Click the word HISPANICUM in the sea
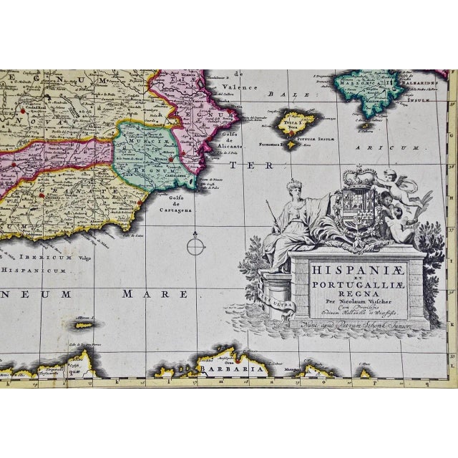pos(34,273)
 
